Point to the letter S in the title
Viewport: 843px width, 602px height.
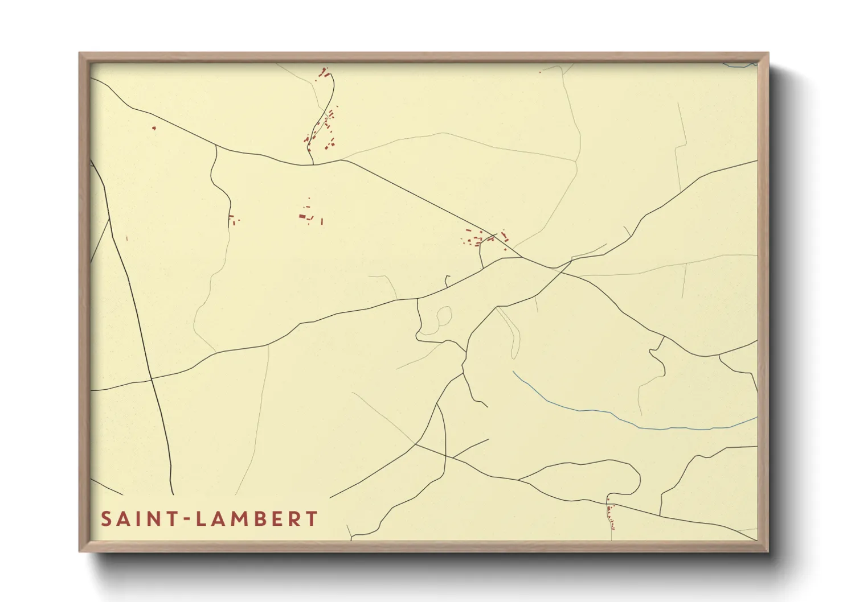coord(106,519)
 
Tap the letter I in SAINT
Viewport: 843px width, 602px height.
coord(140,519)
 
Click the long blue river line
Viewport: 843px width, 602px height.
coord(627,421)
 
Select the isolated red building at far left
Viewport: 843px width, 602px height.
coord(154,128)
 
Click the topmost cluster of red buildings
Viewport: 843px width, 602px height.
coord(324,73)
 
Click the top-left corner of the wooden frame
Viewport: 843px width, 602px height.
coord(81,55)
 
